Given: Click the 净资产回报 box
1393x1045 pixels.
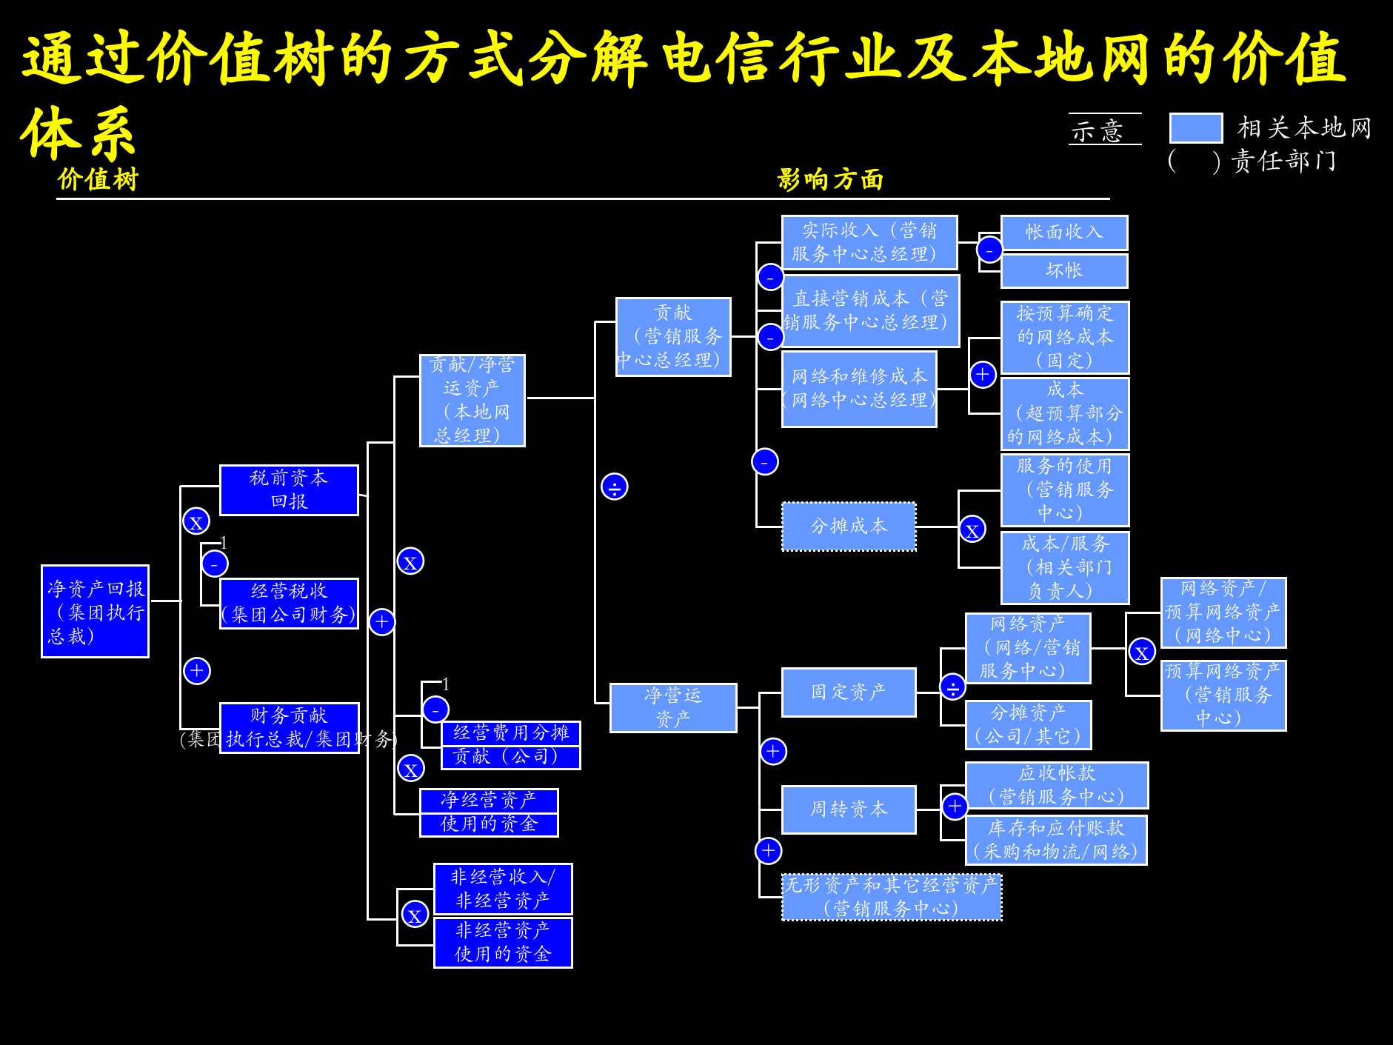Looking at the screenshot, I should pos(95,611).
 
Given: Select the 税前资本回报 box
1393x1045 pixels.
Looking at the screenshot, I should pos(289,490).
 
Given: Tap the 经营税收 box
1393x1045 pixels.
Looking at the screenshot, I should pos(289,603).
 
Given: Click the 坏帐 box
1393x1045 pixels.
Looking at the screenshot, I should pos(1063,271).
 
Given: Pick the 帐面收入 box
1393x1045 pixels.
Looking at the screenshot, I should pos(1063,233).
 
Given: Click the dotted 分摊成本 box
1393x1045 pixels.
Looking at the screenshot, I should pos(849,527).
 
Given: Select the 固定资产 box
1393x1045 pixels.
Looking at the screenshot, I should pos(849,692).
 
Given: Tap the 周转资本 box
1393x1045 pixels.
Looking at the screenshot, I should pos(849,809).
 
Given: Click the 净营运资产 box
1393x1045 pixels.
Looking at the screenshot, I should pos(672,707).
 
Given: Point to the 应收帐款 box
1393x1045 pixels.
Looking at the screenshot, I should pos(1056,785).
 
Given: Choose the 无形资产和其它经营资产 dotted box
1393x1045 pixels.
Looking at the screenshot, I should pos(891,897).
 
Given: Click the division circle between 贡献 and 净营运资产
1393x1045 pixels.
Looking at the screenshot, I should pos(614,487).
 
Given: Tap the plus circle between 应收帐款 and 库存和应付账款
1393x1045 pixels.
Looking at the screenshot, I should pos(955,806).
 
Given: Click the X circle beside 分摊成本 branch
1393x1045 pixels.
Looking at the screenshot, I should pos(972,530).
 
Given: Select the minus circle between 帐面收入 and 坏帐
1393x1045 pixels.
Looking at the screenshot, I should pos(989,250).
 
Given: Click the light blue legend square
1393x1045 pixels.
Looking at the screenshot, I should pos(1195,128).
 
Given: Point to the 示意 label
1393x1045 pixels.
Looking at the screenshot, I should pos(1098,131).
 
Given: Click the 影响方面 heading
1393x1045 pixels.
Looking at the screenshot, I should pos(830,179).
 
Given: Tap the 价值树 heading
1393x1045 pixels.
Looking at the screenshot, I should pos(98,179).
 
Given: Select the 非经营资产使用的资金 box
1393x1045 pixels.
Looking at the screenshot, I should pos(503,943).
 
